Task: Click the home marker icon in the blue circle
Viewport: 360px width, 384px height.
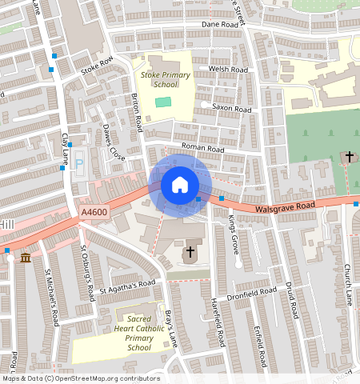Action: [x=180, y=185]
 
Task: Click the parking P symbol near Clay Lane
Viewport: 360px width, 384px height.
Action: [x=79, y=164]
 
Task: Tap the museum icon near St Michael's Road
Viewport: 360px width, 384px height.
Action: [x=26, y=258]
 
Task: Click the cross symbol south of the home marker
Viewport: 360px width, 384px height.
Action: [x=190, y=253]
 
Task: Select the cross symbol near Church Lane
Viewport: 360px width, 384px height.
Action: [x=350, y=156]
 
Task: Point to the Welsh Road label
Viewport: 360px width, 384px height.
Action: [x=224, y=69]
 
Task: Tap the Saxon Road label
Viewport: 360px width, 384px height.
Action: [x=231, y=108]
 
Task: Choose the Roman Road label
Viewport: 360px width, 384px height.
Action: [x=202, y=148]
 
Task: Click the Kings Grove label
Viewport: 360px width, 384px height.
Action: [x=233, y=234]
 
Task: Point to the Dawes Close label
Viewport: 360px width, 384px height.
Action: [x=114, y=142]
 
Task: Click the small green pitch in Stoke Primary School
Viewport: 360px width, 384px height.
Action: [x=163, y=102]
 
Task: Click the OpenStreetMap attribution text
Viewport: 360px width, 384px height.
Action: [x=80, y=378]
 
